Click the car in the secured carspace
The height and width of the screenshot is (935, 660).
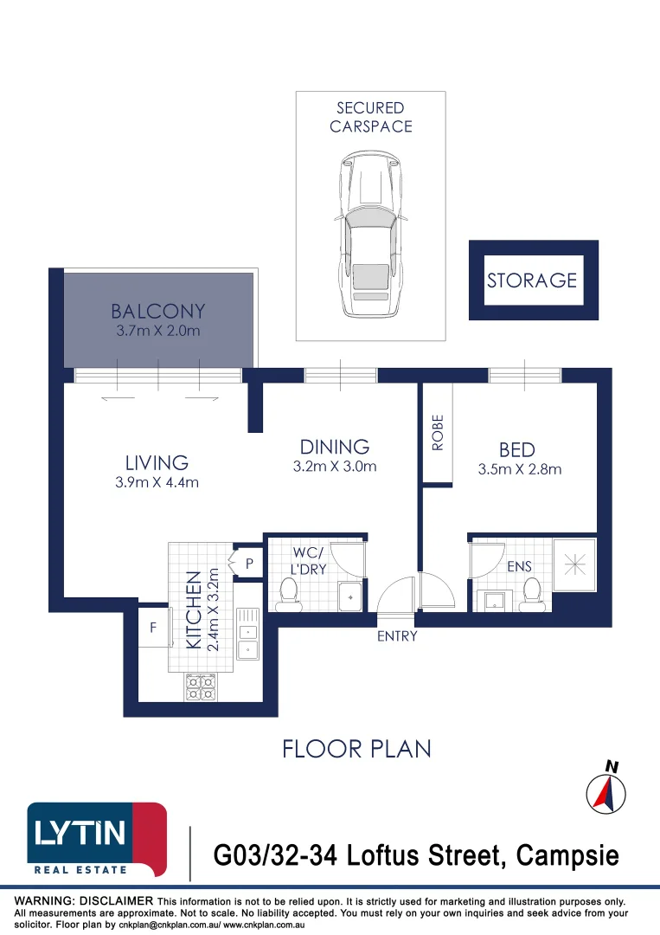click(x=370, y=234)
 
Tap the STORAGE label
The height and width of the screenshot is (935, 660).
click(x=532, y=280)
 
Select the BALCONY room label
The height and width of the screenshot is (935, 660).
click(x=157, y=312)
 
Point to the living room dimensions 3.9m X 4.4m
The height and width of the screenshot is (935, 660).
click(x=157, y=482)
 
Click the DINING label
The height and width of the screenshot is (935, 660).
click(x=335, y=447)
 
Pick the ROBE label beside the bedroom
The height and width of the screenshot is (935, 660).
click(x=438, y=432)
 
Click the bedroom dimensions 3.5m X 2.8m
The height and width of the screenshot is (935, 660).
click(x=519, y=469)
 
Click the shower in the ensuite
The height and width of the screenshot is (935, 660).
click(x=574, y=564)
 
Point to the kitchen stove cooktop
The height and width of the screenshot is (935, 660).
click(x=200, y=687)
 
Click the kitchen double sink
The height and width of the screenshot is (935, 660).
click(x=247, y=633)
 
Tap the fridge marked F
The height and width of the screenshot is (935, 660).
click(x=154, y=628)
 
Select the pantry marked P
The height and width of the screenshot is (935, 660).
click(x=248, y=563)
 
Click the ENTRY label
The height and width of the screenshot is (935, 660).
click(x=397, y=636)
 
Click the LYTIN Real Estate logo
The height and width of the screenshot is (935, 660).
click(x=97, y=840)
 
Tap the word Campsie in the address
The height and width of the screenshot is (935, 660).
click(x=567, y=856)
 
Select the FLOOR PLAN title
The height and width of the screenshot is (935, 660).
click(x=356, y=749)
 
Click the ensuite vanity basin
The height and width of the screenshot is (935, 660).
click(x=495, y=601)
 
